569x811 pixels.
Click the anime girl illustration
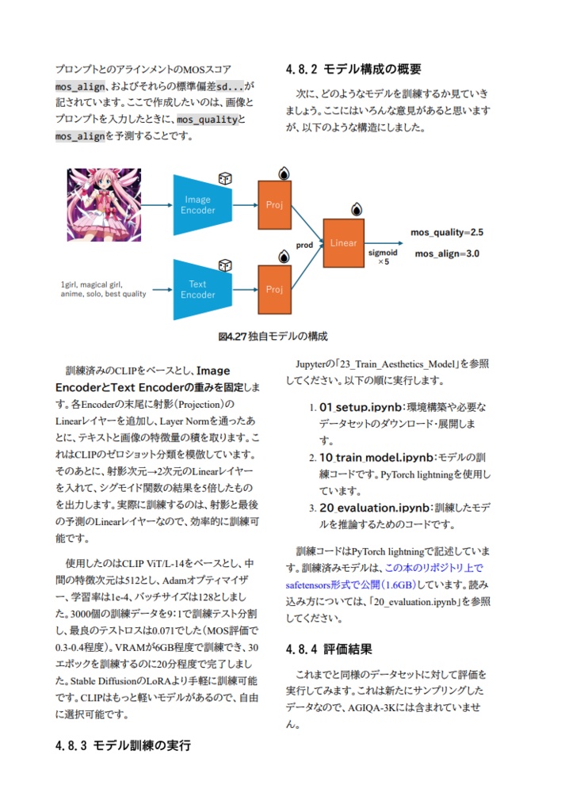pos(104,205)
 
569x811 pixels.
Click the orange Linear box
pos(343,243)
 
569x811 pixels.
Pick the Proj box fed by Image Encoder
pos(274,205)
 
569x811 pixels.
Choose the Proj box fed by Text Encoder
pos(274,289)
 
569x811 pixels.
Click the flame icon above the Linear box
pos(357,209)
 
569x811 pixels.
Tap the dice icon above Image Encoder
pos(224,180)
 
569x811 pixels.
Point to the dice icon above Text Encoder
pos(224,265)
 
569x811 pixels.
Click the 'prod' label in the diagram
pos(304,246)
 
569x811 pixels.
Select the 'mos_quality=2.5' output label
pos(447,232)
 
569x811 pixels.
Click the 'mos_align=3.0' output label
pos(447,253)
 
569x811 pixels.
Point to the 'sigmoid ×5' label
pos(383,257)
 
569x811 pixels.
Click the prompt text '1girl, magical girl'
pos(91,284)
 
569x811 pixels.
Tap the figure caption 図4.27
pos(273,336)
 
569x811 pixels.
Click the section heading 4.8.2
pos(353,69)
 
